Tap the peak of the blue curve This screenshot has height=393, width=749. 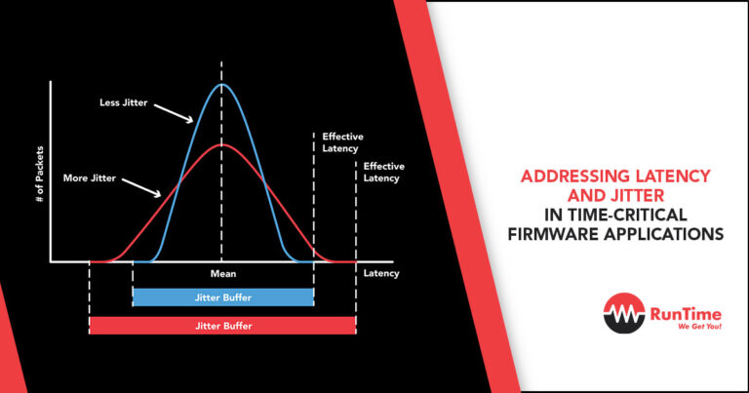[222, 84]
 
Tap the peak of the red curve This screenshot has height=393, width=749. [222, 145]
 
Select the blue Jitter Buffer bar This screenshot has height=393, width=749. [222, 295]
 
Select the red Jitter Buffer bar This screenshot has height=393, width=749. [222, 325]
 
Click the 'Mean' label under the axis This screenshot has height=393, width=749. [222, 274]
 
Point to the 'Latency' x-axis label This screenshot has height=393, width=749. [381, 274]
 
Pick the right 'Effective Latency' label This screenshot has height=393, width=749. [383, 173]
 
